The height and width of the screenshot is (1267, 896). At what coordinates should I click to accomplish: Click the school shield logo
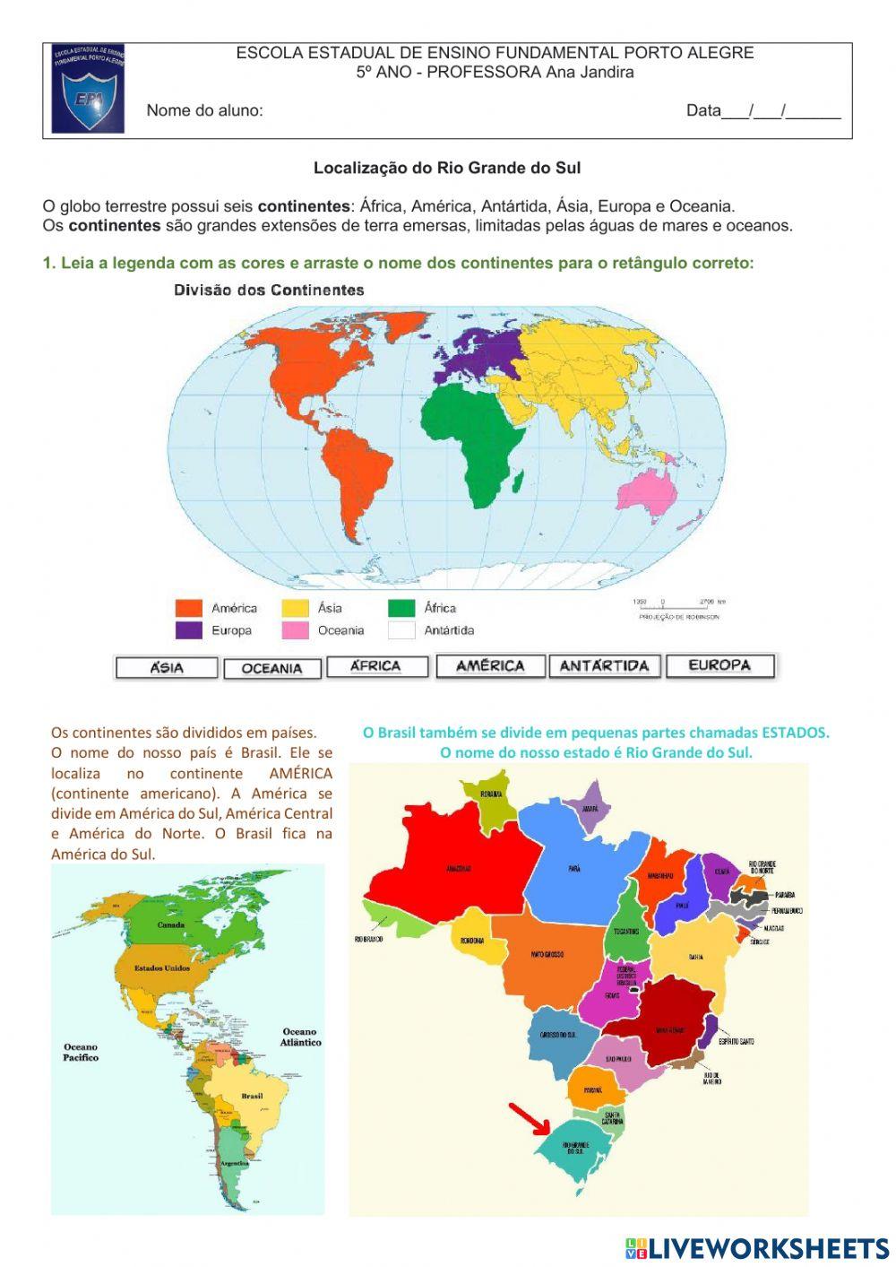tap(88, 90)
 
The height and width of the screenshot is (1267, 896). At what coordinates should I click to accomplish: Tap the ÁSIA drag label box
tap(167, 668)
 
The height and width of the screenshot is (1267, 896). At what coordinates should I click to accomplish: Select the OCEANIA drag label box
tap(271, 669)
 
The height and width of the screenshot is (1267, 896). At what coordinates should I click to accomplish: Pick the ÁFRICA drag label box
tap(376, 666)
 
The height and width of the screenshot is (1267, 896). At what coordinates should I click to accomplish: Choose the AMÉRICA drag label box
tap(490, 666)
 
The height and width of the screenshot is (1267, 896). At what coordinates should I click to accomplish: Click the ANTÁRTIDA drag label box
tap(604, 666)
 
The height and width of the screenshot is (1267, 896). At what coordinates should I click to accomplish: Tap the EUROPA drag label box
tap(719, 665)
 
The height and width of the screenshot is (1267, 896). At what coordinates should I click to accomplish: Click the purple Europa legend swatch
tap(189, 630)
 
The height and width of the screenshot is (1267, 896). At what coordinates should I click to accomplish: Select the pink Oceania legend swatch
tap(295, 630)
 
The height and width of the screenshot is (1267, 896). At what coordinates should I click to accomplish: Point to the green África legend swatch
tap(401, 608)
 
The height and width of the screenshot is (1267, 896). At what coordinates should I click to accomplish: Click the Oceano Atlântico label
tap(300, 1037)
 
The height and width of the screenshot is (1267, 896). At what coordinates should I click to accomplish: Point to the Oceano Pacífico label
tap(81, 1052)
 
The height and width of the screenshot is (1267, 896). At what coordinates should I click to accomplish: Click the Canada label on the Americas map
tap(171, 924)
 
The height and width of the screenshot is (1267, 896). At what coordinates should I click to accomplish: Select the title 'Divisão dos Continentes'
tap(269, 291)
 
